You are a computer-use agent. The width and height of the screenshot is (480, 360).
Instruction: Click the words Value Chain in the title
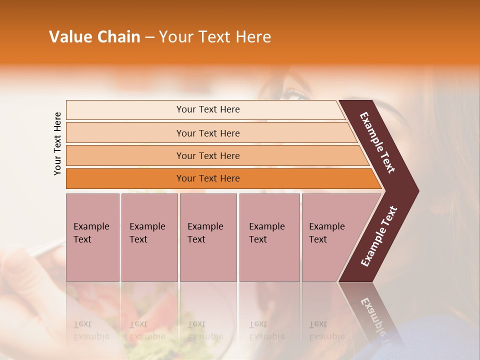[94, 37]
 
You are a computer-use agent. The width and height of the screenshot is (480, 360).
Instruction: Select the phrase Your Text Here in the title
[215, 37]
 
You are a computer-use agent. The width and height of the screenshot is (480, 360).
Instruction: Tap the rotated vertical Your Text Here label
[57, 143]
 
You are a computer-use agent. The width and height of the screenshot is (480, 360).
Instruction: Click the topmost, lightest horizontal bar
[205, 109]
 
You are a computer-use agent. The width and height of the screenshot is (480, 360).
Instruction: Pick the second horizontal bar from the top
[207, 133]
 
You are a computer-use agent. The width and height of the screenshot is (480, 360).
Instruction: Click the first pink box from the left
[92, 237]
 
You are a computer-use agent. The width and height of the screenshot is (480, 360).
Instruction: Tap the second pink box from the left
[149, 237]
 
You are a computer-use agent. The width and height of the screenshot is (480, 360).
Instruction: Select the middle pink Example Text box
[208, 237]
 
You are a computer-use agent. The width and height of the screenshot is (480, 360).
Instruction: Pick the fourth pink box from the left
[269, 237]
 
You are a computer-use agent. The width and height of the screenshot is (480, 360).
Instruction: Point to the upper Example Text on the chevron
[377, 142]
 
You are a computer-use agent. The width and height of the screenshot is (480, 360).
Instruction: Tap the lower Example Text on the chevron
[378, 236]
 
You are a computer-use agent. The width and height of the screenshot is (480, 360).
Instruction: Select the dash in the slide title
[149, 37]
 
